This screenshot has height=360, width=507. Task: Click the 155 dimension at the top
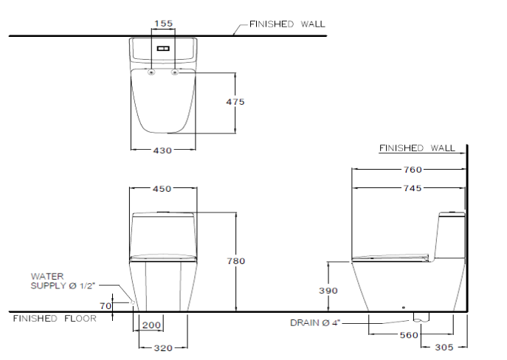click(163, 24)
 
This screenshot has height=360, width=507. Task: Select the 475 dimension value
click(235, 102)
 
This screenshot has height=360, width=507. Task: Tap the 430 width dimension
click(162, 150)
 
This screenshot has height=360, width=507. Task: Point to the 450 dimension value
click(162, 189)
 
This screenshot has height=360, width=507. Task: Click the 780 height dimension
click(235, 261)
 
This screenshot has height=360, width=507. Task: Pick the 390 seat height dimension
click(327, 291)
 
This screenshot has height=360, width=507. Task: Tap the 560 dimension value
click(409, 334)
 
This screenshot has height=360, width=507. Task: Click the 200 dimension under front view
click(151, 325)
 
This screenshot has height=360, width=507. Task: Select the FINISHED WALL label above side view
click(417, 148)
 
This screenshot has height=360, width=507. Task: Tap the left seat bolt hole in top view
click(151, 72)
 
